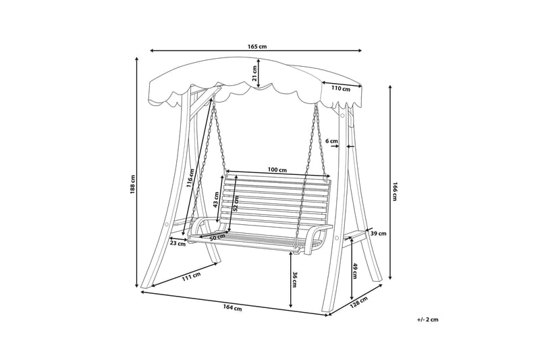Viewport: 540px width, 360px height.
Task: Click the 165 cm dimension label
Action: [257, 46]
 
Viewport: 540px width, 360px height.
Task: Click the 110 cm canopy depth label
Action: [342, 88]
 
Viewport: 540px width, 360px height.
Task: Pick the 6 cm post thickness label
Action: [331, 140]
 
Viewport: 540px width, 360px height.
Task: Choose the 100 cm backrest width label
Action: [277, 170]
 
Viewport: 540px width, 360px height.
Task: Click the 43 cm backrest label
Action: [216, 204]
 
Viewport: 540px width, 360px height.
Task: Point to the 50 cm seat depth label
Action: [217, 238]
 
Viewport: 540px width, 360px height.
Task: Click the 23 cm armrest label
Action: [178, 245]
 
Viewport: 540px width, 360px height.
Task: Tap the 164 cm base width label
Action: [232, 308]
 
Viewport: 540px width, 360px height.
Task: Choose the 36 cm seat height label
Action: [294, 278]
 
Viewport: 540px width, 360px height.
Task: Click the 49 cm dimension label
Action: [356, 270]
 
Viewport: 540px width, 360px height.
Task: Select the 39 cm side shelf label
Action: [378, 234]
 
